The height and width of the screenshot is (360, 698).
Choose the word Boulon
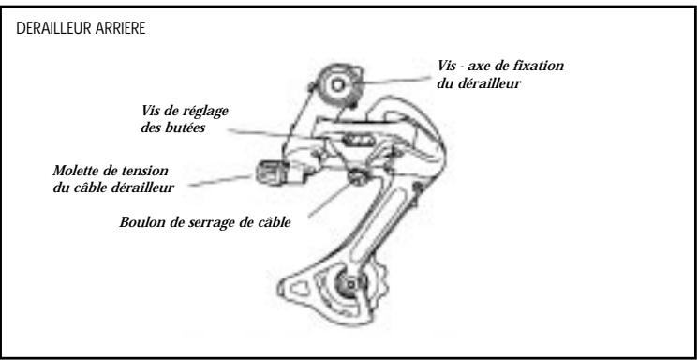pos(141,223)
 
